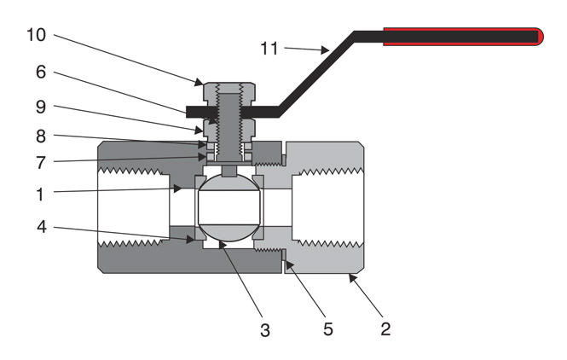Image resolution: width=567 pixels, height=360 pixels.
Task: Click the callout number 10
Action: [37, 37]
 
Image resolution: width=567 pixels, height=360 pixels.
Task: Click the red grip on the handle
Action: [460, 37]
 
